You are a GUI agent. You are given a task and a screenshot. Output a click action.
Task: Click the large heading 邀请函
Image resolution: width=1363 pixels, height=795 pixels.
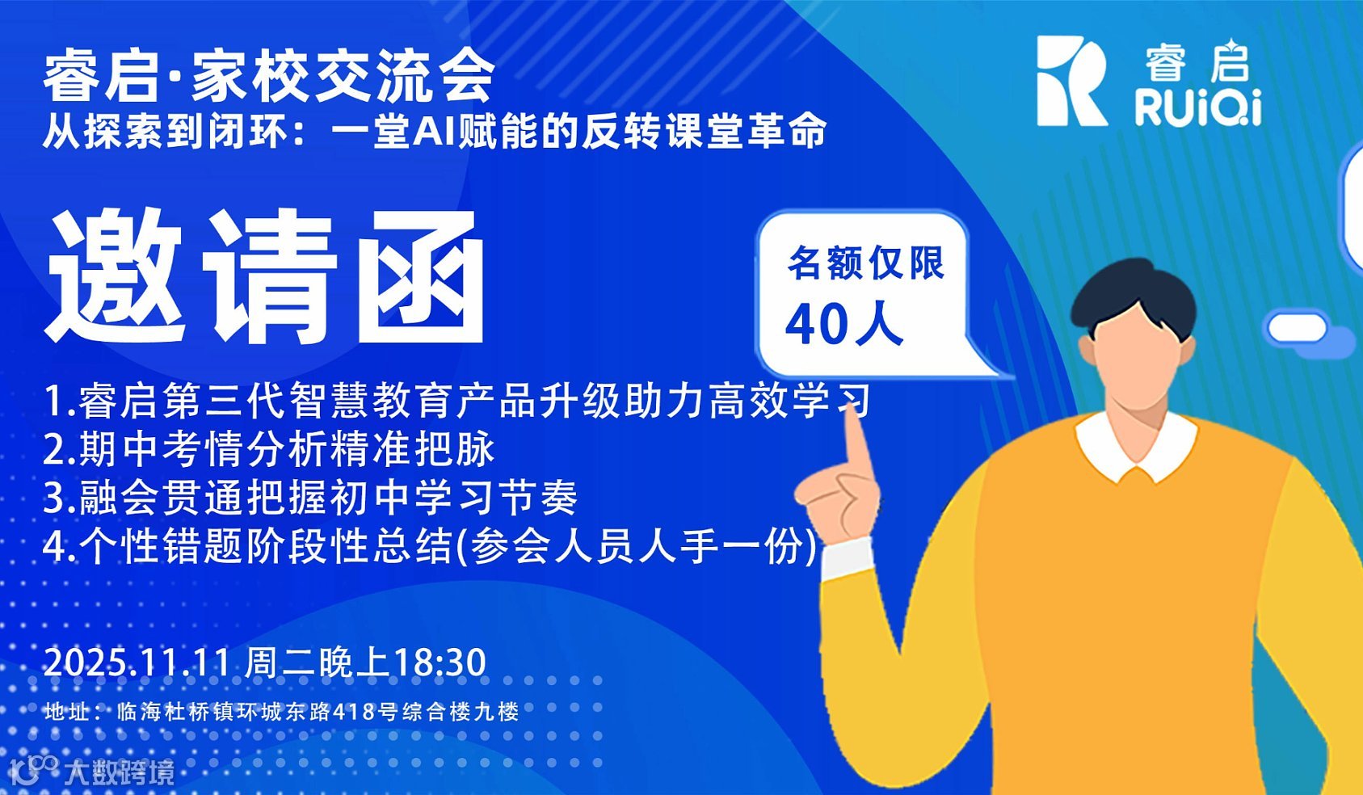(x=265, y=276)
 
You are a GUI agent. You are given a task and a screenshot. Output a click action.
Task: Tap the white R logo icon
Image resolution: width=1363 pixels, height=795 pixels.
(x=1071, y=81)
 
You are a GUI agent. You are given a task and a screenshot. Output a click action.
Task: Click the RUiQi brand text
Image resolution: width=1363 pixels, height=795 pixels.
(x=1197, y=107)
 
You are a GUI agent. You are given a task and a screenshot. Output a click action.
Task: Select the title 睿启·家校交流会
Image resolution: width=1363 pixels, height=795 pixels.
(x=269, y=76)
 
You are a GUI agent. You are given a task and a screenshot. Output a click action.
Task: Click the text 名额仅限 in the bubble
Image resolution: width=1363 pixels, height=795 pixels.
(x=865, y=263)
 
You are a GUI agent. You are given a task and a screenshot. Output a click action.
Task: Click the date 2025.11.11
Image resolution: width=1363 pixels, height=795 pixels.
(x=137, y=662)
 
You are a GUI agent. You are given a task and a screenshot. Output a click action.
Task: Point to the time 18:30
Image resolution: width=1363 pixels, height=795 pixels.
(x=439, y=662)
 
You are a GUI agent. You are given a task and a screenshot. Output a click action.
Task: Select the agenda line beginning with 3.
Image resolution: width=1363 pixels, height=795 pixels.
(x=310, y=498)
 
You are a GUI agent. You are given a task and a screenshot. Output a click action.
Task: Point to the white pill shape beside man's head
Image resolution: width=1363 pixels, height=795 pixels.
(x=1297, y=328)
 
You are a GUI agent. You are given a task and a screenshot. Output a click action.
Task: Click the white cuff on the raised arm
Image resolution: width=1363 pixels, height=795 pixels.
(x=847, y=557)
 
